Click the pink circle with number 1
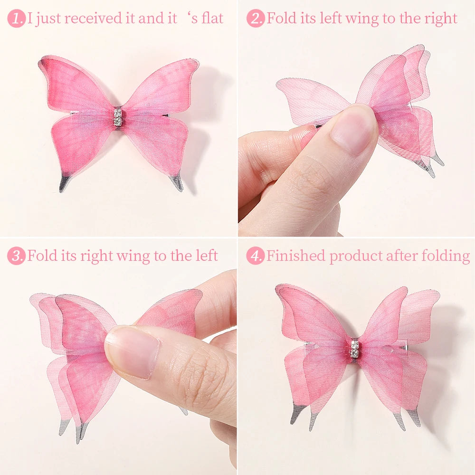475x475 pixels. [x=16, y=19]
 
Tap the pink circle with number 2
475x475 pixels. [x=256, y=19]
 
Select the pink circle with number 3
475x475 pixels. [x=16, y=256]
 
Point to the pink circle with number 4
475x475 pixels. [x=256, y=256]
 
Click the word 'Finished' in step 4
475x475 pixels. [x=295, y=256]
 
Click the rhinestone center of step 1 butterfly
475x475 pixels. [x=117, y=117]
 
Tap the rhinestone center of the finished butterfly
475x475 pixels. [x=354, y=349]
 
